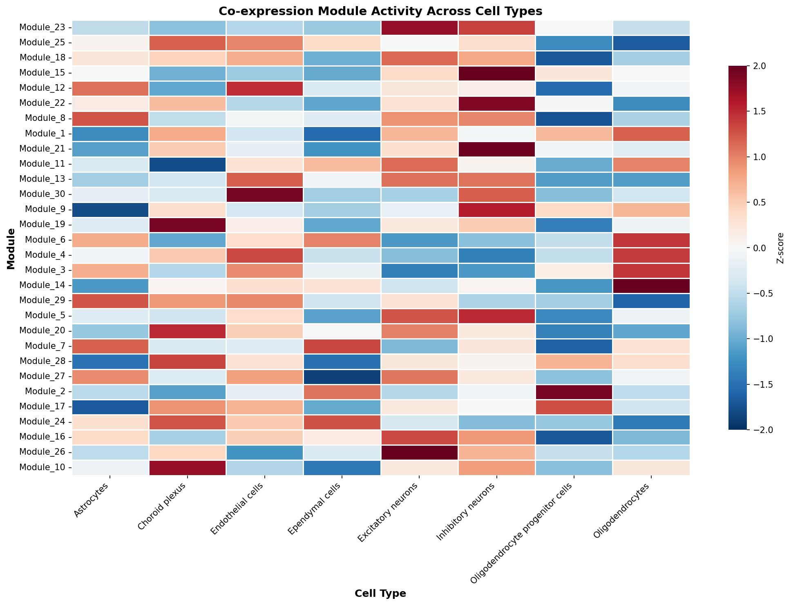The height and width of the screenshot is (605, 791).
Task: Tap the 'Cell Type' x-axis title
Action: (x=380, y=594)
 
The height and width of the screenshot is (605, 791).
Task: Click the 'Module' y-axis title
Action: (x=11, y=249)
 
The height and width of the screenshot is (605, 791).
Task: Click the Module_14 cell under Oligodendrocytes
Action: (x=651, y=286)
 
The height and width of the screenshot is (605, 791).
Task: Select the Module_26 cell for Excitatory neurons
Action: (x=419, y=452)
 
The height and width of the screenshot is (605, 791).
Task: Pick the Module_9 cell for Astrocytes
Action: (x=110, y=210)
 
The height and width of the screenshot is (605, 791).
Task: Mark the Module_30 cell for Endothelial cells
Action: (x=265, y=195)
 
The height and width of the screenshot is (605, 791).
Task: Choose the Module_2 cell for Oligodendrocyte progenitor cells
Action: (x=574, y=392)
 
